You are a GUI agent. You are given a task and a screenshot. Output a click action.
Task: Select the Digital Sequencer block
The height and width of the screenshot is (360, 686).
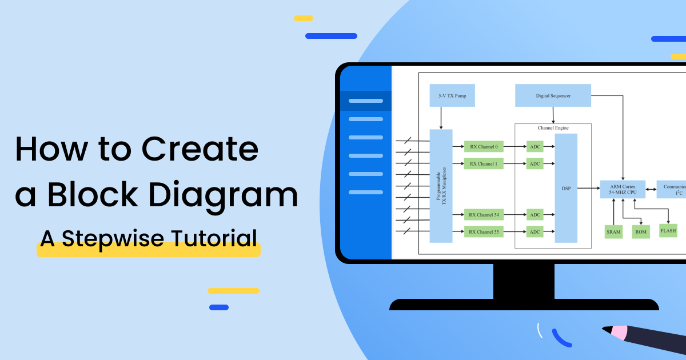click(x=553, y=95)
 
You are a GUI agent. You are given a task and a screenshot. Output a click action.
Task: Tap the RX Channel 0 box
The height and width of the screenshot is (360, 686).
click(x=484, y=147)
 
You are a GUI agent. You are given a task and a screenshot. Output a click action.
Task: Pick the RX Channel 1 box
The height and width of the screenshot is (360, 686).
click(x=484, y=164)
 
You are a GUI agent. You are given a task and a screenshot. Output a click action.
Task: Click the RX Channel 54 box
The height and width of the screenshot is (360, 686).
click(x=484, y=215)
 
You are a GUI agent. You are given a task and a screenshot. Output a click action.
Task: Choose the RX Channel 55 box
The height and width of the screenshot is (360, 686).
click(x=484, y=232)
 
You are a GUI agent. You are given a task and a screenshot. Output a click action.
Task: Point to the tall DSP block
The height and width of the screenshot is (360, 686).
click(x=566, y=188)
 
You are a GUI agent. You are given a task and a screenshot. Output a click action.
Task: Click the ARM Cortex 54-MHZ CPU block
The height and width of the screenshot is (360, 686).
click(x=623, y=189)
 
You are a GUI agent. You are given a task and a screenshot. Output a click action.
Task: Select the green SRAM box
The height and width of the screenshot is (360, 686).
click(x=613, y=231)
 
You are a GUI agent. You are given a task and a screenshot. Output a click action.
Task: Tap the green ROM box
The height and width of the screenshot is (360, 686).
click(x=641, y=231)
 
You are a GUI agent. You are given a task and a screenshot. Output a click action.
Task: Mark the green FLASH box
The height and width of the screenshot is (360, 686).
click(x=668, y=231)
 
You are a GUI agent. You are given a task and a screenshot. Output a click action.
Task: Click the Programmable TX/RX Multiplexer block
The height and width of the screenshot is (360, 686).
click(x=441, y=186)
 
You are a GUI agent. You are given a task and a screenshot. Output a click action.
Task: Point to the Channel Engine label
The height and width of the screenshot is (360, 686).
click(x=553, y=127)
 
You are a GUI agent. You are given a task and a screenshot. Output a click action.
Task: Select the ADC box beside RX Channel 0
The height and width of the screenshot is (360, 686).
click(x=535, y=147)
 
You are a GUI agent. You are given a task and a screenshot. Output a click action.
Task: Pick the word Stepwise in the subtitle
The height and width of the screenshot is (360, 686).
click(x=108, y=238)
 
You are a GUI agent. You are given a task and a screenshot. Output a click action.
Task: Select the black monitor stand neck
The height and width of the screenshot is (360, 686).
click(x=524, y=281)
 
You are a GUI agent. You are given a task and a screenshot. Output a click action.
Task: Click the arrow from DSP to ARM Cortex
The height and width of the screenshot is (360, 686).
click(x=589, y=188)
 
